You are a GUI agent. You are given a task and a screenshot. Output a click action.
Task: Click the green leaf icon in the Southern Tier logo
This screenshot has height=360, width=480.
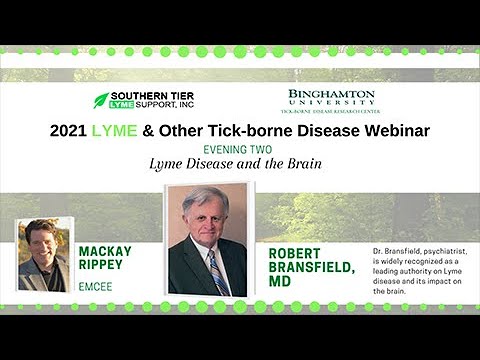point(101,100)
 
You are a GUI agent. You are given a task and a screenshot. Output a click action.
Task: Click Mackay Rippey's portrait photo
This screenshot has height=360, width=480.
point(44,254)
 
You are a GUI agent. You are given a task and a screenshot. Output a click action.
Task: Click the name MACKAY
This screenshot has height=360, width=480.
point(105,251)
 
